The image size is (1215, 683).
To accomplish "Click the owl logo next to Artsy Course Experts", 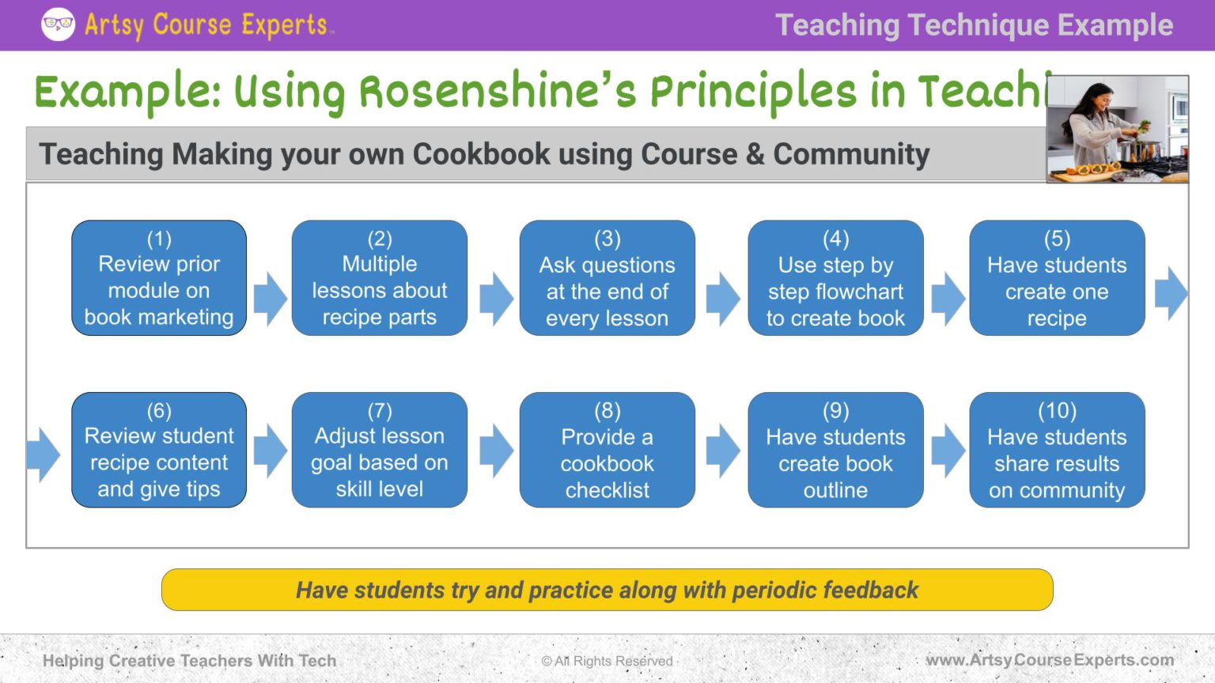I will pyautogui.click(x=58, y=25).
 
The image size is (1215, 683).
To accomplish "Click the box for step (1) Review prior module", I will pyautogui.click(x=159, y=278).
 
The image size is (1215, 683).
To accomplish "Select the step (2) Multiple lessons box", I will pyautogui.click(x=380, y=278).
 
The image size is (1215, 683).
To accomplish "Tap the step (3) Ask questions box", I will pyautogui.click(x=607, y=278).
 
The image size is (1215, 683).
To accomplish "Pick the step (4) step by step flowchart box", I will pyautogui.click(x=835, y=278).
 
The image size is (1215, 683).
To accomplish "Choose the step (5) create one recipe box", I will pyautogui.click(x=1057, y=278).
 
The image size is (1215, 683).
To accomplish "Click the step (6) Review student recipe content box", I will pyautogui.click(x=159, y=450).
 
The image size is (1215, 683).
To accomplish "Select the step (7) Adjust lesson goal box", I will pyautogui.click(x=380, y=450).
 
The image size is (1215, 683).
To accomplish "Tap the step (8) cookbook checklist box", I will pyautogui.click(x=607, y=450).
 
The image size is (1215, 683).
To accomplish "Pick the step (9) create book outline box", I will pyautogui.click(x=835, y=450).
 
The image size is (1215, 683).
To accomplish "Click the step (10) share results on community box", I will pyautogui.click(x=1057, y=450).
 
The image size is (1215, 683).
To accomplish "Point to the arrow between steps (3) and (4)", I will pyautogui.click(x=722, y=299).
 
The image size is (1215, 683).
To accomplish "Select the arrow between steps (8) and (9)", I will pyautogui.click(x=722, y=451).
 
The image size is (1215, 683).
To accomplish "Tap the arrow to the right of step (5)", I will pyautogui.click(x=1171, y=293).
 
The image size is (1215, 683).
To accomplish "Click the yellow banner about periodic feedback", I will pyautogui.click(x=607, y=590).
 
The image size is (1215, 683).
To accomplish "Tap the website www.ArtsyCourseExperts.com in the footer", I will pyautogui.click(x=1050, y=660).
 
